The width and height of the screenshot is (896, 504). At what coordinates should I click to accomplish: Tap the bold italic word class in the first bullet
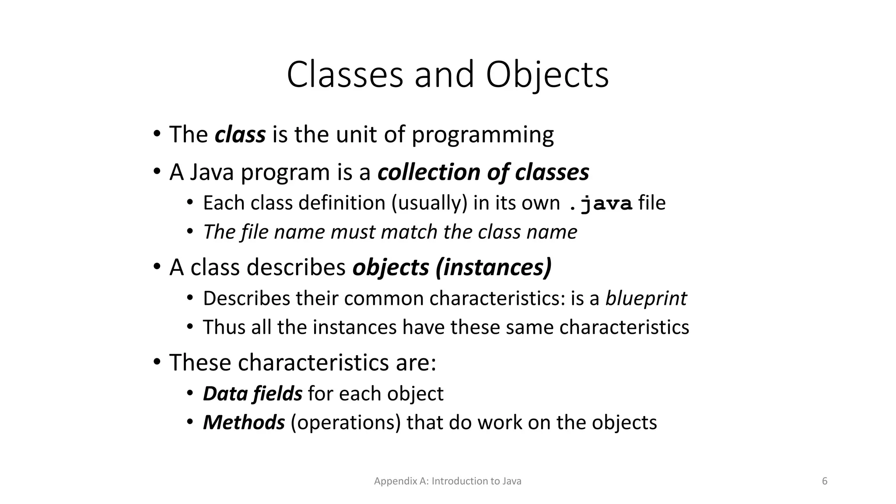tap(240, 134)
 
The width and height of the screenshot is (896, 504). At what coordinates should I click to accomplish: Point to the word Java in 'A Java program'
tap(213, 172)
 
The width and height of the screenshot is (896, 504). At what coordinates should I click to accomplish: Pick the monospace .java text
tap(600, 204)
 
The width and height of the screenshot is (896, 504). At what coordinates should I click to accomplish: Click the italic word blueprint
tap(646, 299)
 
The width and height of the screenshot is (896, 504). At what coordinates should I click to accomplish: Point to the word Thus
tap(224, 327)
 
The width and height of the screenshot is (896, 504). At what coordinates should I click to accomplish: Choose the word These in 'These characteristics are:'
tap(200, 363)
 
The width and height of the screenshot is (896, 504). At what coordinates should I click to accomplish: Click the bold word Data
tap(225, 394)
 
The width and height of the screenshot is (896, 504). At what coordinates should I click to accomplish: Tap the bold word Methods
tap(244, 423)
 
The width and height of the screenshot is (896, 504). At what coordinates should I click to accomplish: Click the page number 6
tap(825, 481)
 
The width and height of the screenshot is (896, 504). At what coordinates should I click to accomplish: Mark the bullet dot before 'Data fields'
tap(190, 393)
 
